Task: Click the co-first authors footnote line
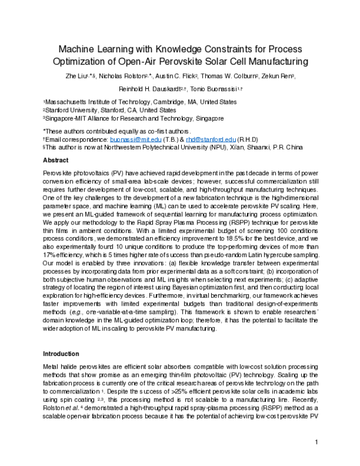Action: [x=117, y=130]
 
